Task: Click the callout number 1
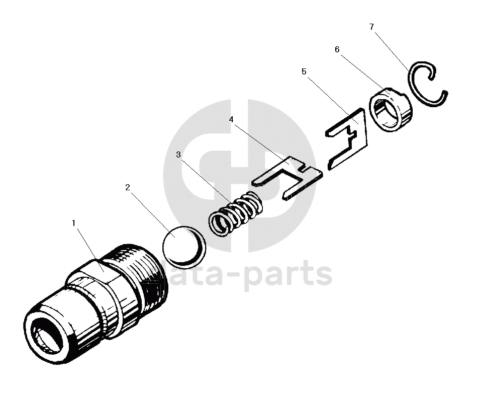click(x=73, y=222)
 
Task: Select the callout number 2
click(x=128, y=187)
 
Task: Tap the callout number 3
click(x=178, y=154)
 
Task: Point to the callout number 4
click(x=231, y=119)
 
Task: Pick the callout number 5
click(x=304, y=71)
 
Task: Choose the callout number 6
click(x=337, y=49)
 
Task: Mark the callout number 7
click(x=371, y=27)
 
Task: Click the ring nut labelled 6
click(x=391, y=109)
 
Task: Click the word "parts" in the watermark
click(x=290, y=275)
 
